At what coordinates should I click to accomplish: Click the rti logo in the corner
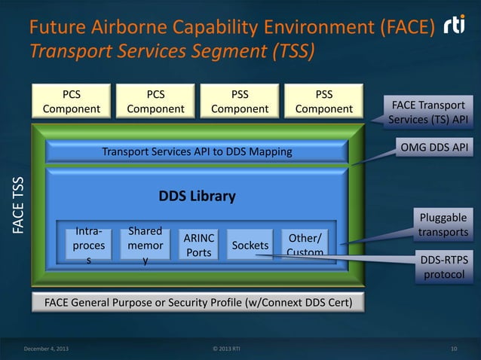pyautogui.click(x=455, y=27)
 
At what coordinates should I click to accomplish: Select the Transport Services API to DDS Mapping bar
pyautogui.click(x=197, y=152)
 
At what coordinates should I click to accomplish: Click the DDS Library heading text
pyautogui.click(x=197, y=197)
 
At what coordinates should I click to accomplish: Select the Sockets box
pyautogui.click(x=250, y=246)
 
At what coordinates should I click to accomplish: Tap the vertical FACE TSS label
pyautogui.click(x=17, y=203)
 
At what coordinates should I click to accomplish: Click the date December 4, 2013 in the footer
pyautogui.click(x=44, y=348)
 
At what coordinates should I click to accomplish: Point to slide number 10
pyautogui.click(x=453, y=348)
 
